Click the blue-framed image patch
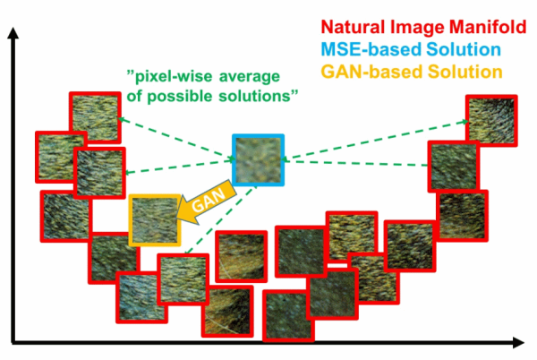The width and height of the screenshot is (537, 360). click(x=258, y=159)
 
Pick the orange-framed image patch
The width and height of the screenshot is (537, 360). click(x=156, y=219)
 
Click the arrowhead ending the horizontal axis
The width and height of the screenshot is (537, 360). click(x=517, y=342)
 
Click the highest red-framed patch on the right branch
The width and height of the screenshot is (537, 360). click(x=491, y=119)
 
